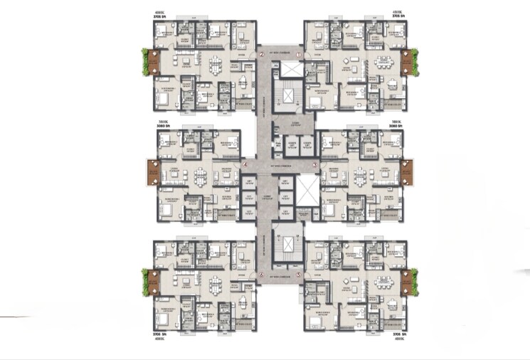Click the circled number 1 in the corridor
point(300,54)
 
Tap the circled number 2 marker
point(262,54)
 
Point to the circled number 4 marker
point(245,165)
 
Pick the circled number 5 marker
point(300,275)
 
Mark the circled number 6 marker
point(262,275)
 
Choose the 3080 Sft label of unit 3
point(396,127)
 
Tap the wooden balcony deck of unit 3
point(408,171)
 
